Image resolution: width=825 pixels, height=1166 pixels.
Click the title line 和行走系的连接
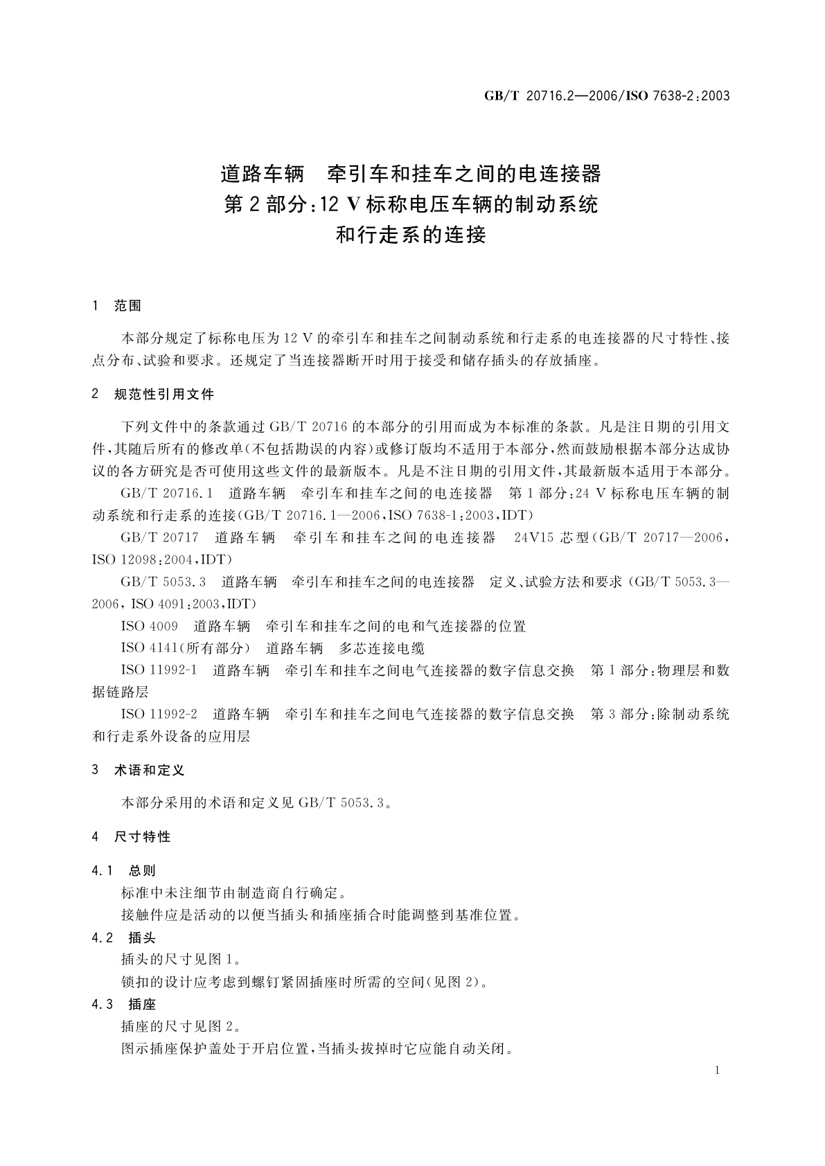pyautogui.click(x=411, y=235)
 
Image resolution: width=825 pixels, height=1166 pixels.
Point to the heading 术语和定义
pyautogui.click(x=149, y=770)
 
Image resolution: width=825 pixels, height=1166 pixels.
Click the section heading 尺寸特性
pyautogui.click(x=142, y=837)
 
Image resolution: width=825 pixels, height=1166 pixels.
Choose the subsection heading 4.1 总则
pyautogui.click(x=124, y=871)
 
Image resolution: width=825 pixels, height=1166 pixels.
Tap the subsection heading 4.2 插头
pyautogui.click(x=124, y=938)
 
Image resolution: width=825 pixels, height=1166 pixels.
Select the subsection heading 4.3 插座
pyautogui.click(x=124, y=1005)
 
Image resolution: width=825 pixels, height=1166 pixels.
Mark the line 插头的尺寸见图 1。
pyautogui.click(x=181, y=960)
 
